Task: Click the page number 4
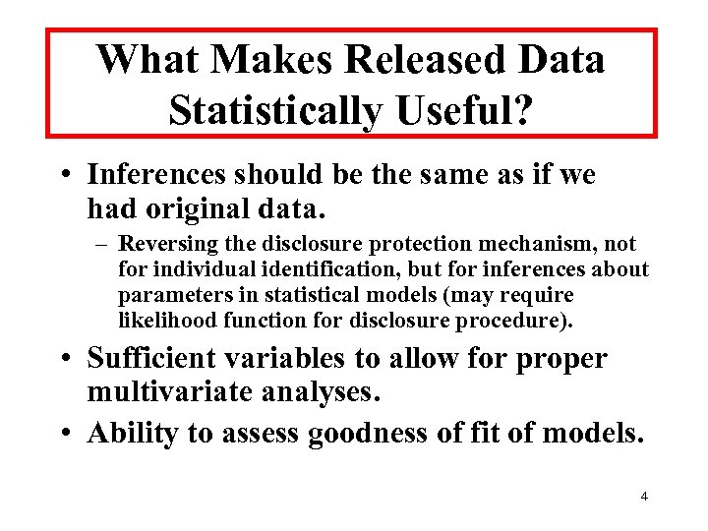[643, 496]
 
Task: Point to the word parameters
[164, 295]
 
